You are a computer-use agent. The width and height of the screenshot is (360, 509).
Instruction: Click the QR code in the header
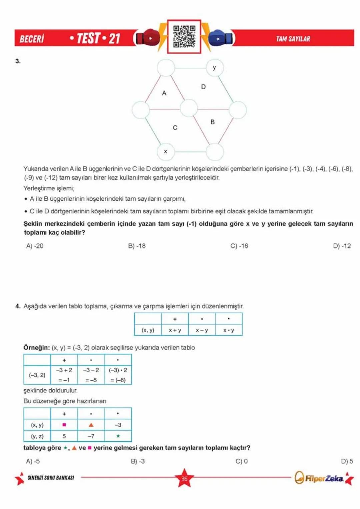coord(184,36)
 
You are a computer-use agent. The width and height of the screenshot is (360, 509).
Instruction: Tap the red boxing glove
coord(148,38)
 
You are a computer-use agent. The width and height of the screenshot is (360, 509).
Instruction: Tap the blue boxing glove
coord(220,38)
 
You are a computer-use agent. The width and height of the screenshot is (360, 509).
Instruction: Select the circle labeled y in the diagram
coord(214,68)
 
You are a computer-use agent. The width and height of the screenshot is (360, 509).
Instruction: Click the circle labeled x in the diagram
coord(166,151)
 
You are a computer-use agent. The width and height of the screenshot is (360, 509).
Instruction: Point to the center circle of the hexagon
coord(189,109)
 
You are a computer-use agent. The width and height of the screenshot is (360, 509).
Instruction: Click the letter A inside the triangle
coord(164,93)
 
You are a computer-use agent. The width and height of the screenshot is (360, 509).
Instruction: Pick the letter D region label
coord(203,87)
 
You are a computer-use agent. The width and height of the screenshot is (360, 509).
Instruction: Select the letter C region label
coord(175,128)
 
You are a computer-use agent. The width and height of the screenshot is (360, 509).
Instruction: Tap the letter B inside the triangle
coord(212,122)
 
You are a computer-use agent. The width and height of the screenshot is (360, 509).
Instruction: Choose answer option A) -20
coord(35,246)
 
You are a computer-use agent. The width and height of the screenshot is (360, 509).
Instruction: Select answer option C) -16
coord(239,246)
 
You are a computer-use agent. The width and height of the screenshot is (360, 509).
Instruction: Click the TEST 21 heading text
coord(95,38)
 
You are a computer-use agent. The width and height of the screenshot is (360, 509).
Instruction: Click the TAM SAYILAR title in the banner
coord(293,39)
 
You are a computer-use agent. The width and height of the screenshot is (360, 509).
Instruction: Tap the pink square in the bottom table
coord(64,425)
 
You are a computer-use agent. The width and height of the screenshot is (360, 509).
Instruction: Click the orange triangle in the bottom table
coord(91,425)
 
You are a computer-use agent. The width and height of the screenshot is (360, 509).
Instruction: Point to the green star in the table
coord(118,436)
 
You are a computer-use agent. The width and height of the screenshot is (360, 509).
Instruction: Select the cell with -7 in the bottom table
coord(91,436)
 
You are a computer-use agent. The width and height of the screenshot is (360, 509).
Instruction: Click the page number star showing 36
coord(184,478)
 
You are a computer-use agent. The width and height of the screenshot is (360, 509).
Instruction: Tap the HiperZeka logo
coord(319,478)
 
